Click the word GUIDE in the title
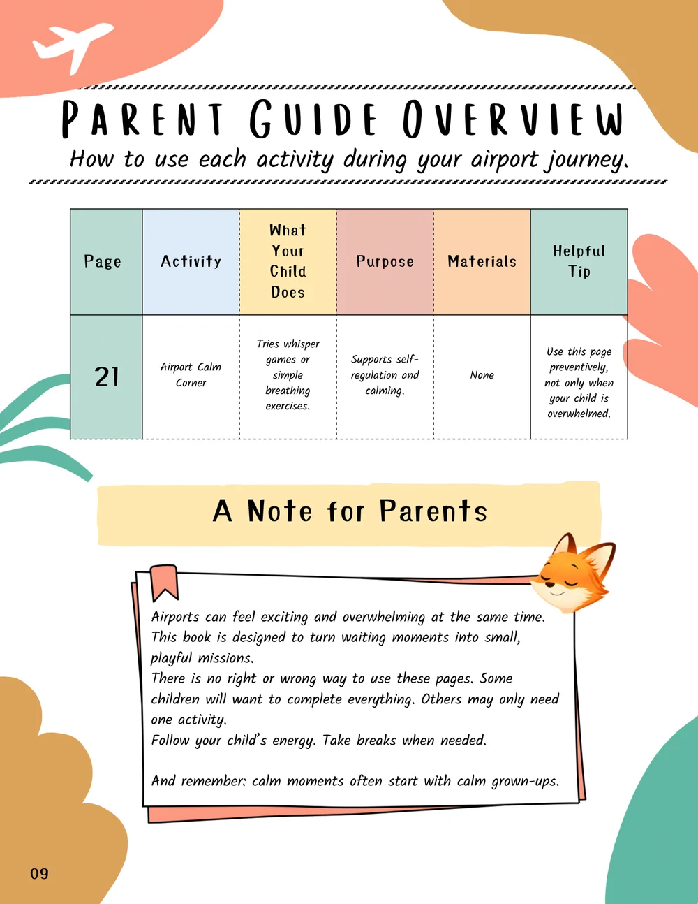point(313,119)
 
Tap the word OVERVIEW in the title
point(513,119)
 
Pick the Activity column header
point(191,262)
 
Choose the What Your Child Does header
point(288,262)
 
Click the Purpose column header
point(385,262)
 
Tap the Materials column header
point(482,262)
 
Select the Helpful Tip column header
point(579,262)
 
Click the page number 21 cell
point(106,377)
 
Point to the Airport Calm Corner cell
point(191,375)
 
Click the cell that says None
point(482,375)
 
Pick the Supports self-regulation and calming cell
point(385,375)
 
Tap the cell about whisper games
point(288,375)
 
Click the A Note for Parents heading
point(350,511)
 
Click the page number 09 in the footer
point(40,874)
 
